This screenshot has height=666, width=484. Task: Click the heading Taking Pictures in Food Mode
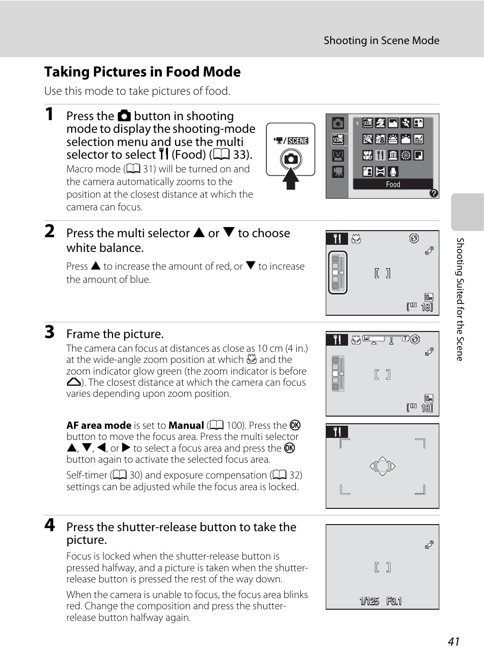point(142,72)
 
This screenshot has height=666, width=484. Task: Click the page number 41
point(454,642)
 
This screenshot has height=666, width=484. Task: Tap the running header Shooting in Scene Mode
point(381,41)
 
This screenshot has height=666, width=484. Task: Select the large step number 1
point(49,114)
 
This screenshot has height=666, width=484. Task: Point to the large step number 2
point(49,231)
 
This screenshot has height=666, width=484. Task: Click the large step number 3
point(49,332)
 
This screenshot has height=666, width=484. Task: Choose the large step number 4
point(49,525)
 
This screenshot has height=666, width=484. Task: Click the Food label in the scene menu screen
point(393,184)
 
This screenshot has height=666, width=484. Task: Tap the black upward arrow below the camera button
point(291,178)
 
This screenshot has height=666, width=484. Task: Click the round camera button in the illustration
point(291,159)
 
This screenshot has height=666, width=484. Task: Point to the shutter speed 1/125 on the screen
point(369,601)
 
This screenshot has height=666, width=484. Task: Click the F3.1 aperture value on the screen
point(394,601)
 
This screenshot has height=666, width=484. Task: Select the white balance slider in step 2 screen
point(337,272)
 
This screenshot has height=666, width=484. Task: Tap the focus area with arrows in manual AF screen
point(383,466)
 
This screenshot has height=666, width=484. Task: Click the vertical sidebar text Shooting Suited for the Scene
point(460,299)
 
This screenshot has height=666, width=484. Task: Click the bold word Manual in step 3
point(186,425)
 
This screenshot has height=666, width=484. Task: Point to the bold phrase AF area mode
point(99,425)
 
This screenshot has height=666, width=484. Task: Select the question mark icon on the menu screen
point(433,193)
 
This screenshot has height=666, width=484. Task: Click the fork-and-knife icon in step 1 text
point(163,154)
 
